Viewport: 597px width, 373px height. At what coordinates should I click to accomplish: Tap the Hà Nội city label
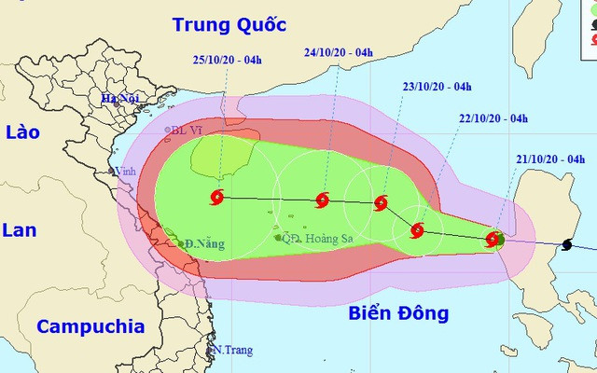[x=121, y=99]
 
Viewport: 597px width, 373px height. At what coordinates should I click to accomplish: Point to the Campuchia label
[x=90, y=326]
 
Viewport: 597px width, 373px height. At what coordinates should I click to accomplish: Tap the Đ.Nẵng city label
[x=206, y=244]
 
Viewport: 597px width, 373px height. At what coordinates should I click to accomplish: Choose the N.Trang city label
[x=232, y=350]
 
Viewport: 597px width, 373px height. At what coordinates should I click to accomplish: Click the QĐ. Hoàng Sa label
[x=317, y=237]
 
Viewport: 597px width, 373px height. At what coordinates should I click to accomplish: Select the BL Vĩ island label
[x=187, y=131]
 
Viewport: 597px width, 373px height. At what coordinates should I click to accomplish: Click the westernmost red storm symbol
[x=218, y=197]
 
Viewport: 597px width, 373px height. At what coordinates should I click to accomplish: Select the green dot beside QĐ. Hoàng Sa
[x=278, y=238]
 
